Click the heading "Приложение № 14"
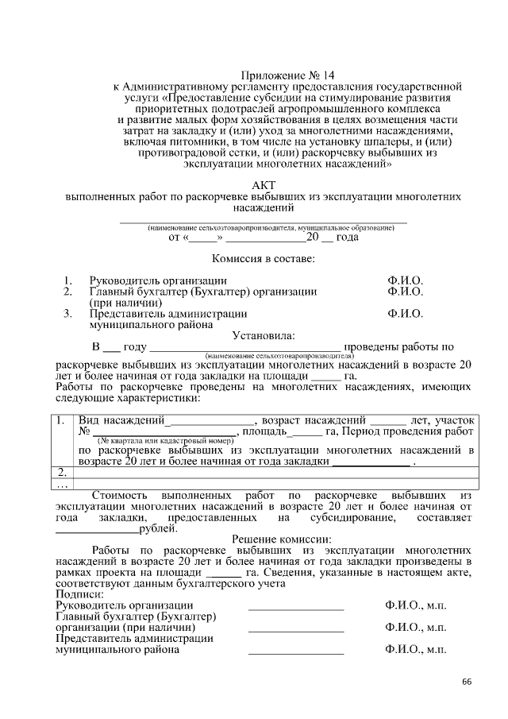click(260, 72)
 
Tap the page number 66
click(466, 682)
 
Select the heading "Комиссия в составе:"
click(263, 259)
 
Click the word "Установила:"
click(263, 335)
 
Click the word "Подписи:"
click(79, 595)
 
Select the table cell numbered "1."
click(63, 419)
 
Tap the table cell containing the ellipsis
click(63, 484)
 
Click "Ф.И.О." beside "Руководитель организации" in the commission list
click(405, 280)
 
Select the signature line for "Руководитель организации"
click(296, 608)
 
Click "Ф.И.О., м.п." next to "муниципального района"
click(415, 649)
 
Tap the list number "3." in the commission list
click(67, 314)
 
